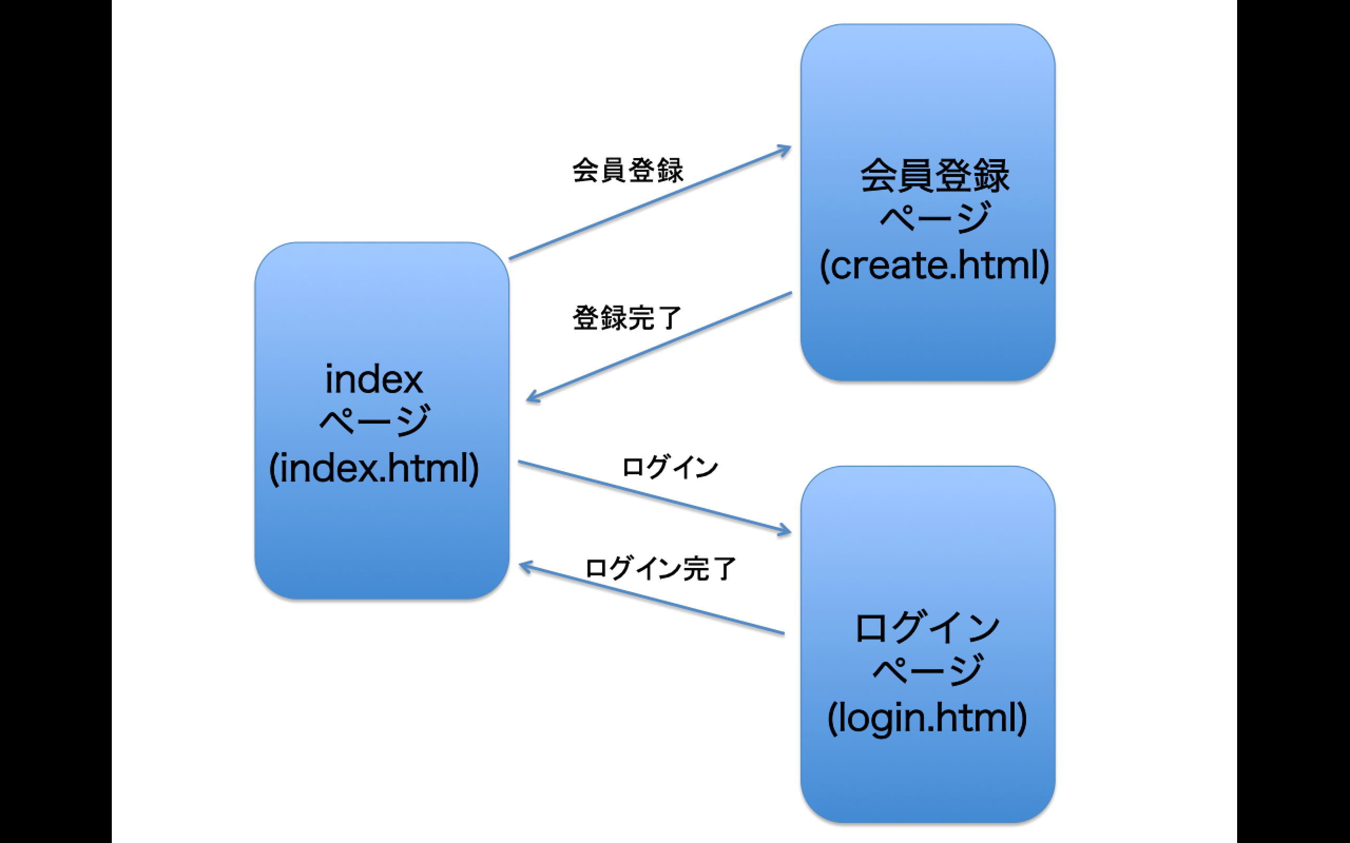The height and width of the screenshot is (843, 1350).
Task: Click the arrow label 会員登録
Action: pyautogui.click(x=628, y=170)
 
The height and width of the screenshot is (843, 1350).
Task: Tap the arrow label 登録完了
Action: pyautogui.click(x=627, y=318)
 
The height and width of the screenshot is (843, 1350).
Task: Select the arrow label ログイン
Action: pyautogui.click(x=670, y=467)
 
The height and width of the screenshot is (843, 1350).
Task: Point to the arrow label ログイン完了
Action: pyautogui.click(x=660, y=569)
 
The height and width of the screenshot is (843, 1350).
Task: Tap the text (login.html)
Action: pyautogui.click(x=927, y=718)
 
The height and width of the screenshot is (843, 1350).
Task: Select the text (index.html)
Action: pyautogui.click(x=374, y=468)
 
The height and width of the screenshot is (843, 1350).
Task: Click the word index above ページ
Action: pyautogui.click(x=374, y=380)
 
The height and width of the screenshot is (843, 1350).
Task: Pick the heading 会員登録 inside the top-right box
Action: pyautogui.click(x=934, y=176)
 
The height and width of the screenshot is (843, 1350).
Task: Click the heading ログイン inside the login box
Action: pyautogui.click(x=927, y=628)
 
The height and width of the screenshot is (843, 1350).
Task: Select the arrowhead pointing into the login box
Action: pyautogui.click(x=786, y=531)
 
